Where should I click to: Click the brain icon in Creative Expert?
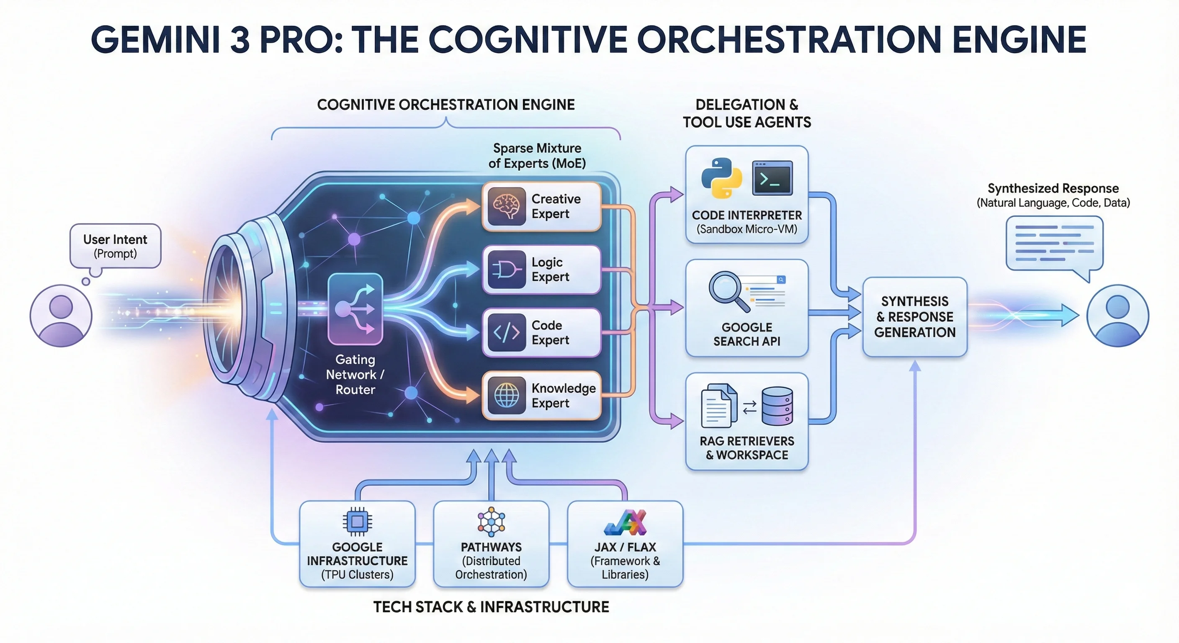pos(506,206)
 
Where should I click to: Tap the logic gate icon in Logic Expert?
pos(506,270)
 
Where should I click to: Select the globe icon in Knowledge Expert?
pos(506,396)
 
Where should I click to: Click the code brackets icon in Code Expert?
pos(506,333)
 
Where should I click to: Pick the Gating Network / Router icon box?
pos(355,309)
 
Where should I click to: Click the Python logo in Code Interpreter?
pos(722,178)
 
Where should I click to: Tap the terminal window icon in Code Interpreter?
pos(772,178)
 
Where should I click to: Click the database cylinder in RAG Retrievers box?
pos(777,406)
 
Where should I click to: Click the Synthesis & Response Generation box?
pos(914,317)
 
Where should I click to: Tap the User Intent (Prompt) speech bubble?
pos(115,246)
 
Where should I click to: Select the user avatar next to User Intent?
pos(61,316)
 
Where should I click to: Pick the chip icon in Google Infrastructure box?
pos(357,521)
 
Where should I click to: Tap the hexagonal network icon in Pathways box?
pos(491,521)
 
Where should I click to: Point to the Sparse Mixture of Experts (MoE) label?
pos(537,156)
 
